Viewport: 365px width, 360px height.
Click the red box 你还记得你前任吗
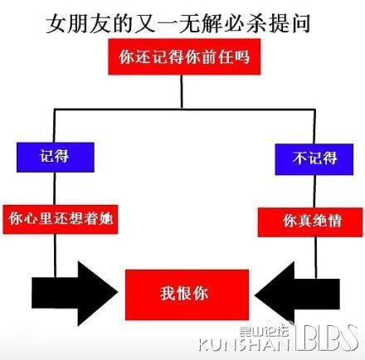click(184, 56)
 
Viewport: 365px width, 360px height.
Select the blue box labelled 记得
click(56, 157)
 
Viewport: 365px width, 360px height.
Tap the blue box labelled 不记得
click(314, 159)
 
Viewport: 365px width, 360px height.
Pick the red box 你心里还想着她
click(61, 219)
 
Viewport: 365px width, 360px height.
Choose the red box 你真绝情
click(310, 222)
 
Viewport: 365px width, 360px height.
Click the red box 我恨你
click(187, 294)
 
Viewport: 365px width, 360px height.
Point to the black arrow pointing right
click(75, 293)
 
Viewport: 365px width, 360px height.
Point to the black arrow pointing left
click(297, 294)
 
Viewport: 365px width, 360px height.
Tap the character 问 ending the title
click(300, 24)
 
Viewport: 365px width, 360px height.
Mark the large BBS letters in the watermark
click(326, 338)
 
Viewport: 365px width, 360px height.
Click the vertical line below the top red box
click(182, 91)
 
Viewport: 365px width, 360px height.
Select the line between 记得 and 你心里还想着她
click(55, 188)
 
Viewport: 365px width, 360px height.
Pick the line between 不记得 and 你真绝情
click(315, 192)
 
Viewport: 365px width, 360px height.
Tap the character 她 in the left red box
click(106, 219)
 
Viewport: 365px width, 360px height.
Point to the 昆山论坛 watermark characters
click(264, 331)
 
